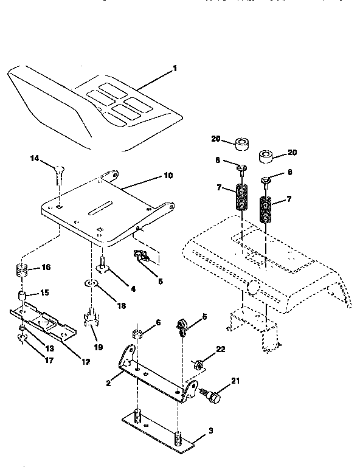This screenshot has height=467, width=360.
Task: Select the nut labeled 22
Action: click(198, 365)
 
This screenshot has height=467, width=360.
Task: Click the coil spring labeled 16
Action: click(22, 269)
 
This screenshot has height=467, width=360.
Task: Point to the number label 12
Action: click(85, 362)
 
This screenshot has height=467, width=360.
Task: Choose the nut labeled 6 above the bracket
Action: click(138, 334)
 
